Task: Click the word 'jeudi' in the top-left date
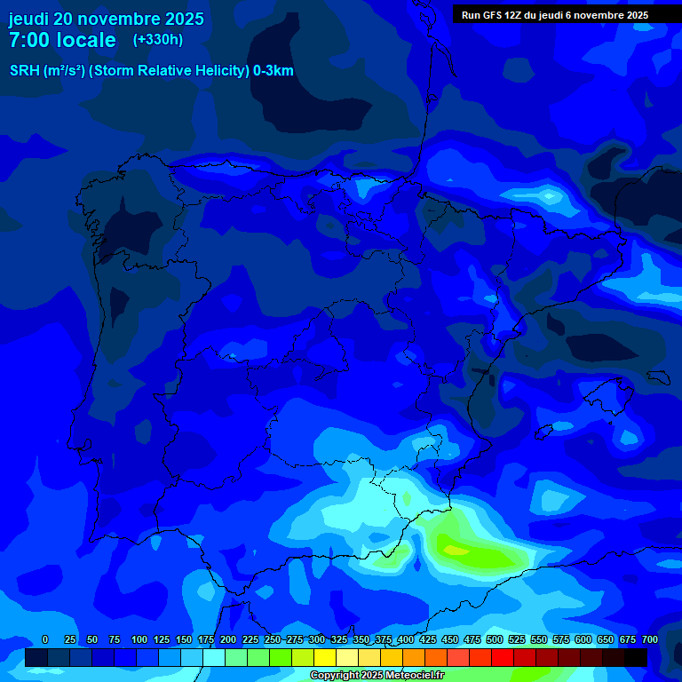point(29,19)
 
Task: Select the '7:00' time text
point(29,40)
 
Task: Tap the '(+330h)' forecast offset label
point(157,40)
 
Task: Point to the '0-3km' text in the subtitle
point(274,71)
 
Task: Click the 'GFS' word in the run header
point(496,15)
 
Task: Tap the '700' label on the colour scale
point(649,639)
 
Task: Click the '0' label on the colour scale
point(45,639)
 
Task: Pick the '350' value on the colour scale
point(361,639)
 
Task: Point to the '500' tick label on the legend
point(495,639)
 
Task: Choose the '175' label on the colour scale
point(205,639)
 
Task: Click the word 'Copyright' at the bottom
point(335,676)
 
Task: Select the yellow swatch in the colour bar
point(325,658)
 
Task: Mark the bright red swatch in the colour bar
point(503,658)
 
